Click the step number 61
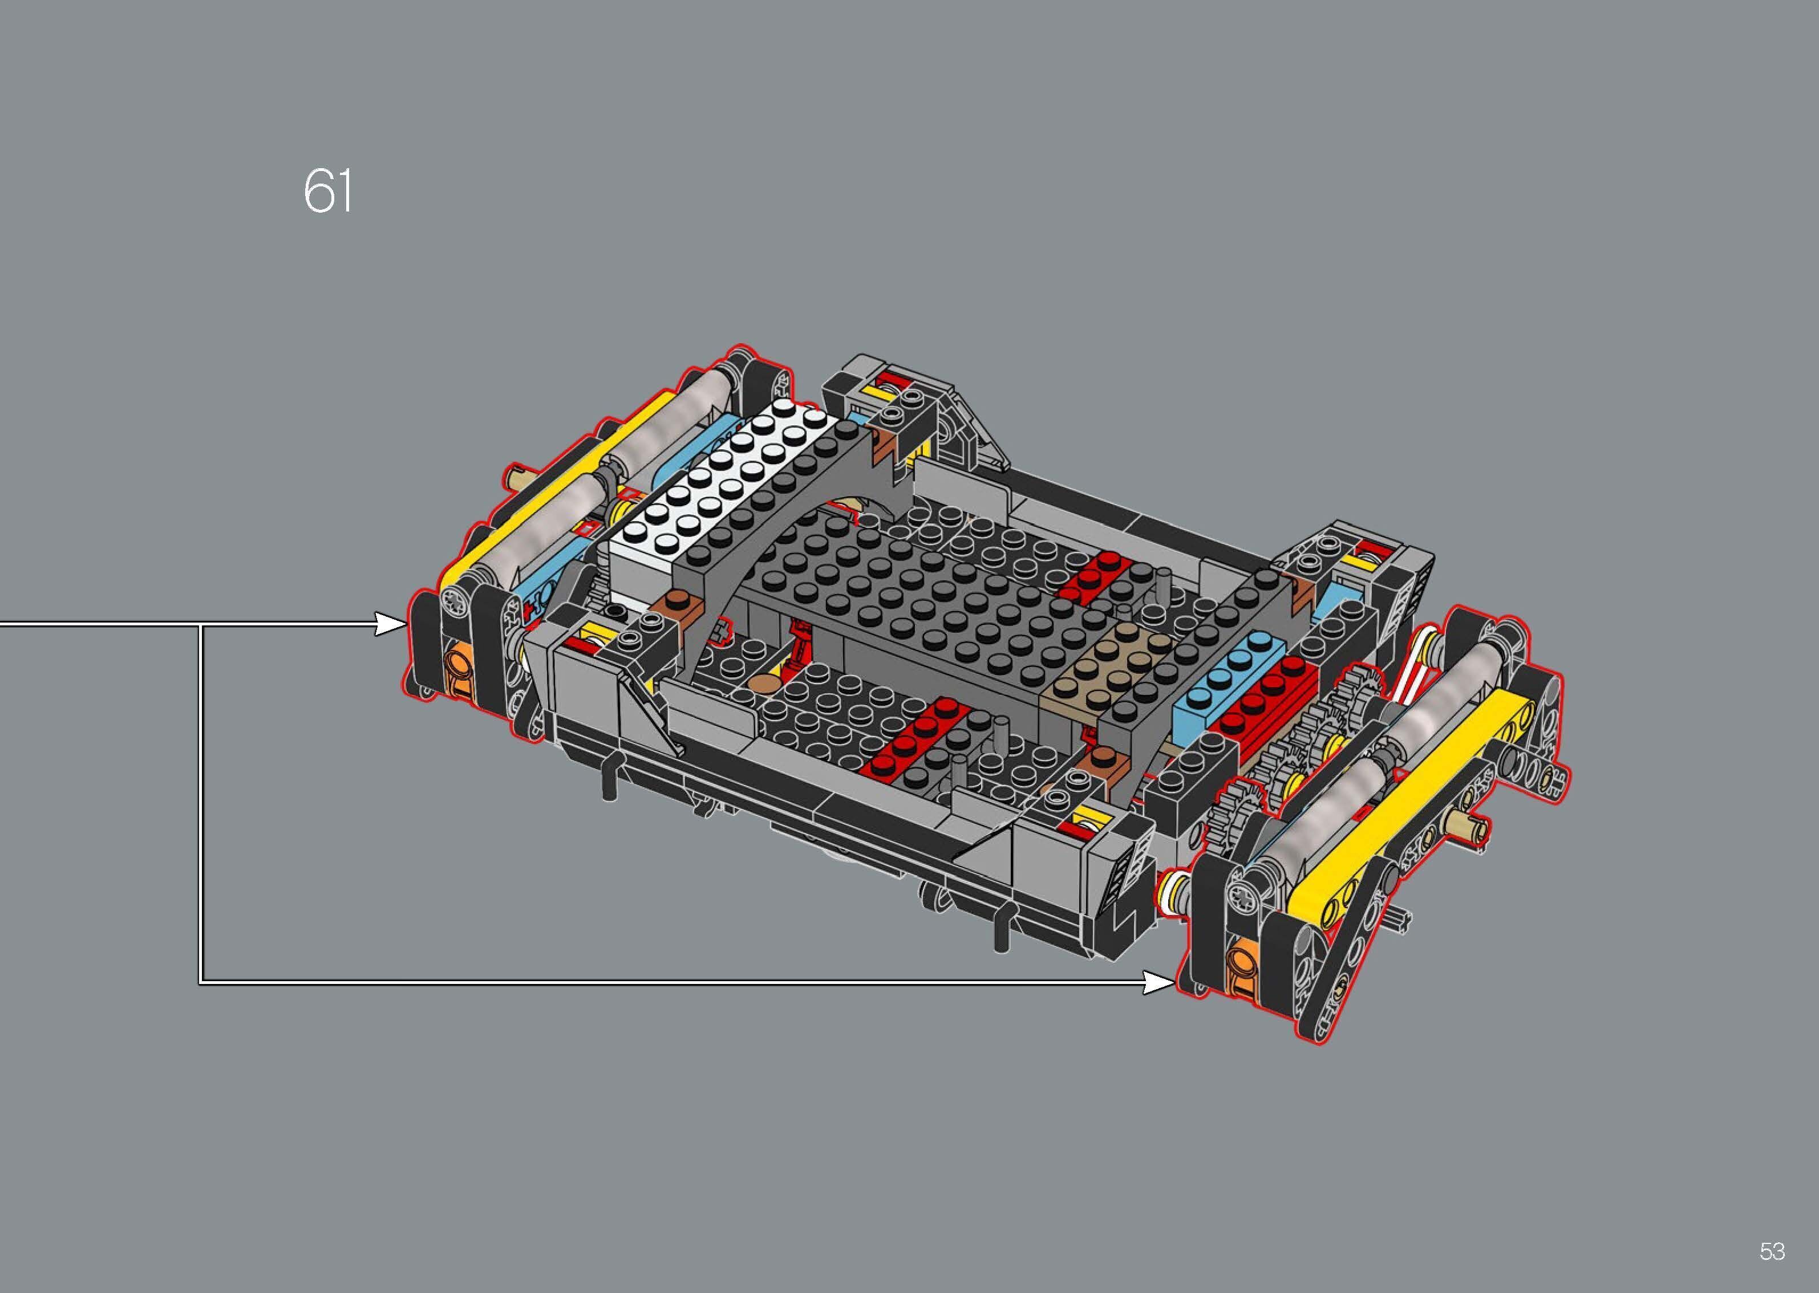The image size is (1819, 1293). (327, 191)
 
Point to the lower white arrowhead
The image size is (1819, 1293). (1159, 983)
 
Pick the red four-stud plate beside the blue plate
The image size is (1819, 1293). (1266, 701)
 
